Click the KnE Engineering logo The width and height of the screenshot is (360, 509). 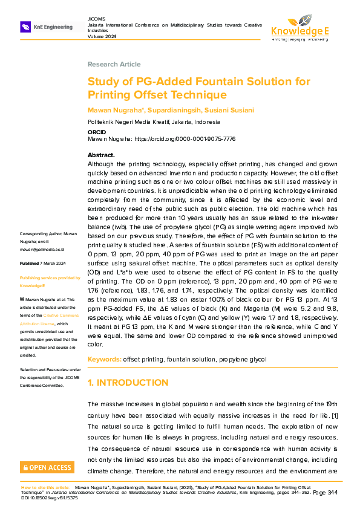tap(47, 27)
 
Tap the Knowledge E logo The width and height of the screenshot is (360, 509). tap(300, 28)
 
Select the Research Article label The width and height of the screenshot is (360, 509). tap(114, 64)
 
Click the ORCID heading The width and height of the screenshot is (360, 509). tap(97, 131)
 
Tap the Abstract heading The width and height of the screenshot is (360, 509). tap(101, 155)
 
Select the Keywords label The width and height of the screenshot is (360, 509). tap(104, 359)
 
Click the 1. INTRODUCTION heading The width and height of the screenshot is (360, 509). tap(128, 383)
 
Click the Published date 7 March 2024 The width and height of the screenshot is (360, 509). tap(51, 264)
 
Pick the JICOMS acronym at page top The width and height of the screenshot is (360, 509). tap(96, 19)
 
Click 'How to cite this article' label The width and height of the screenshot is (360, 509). tap(46, 487)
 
